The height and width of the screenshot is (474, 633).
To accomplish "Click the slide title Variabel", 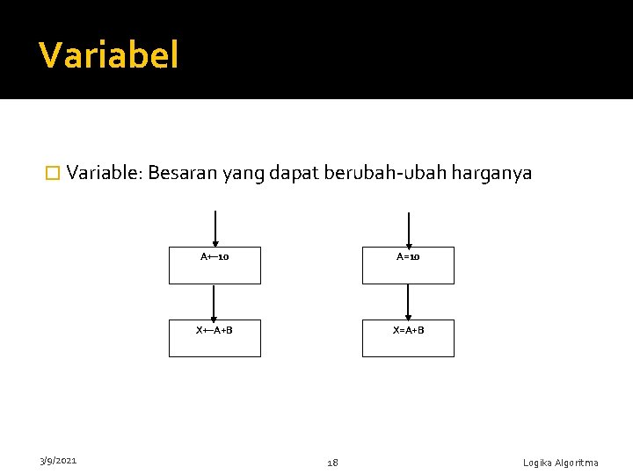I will coord(109,55).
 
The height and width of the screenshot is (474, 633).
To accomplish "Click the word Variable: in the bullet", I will coord(104,173).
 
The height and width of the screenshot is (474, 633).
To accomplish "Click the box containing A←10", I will coord(215,265).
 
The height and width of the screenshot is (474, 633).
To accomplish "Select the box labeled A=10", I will coord(408,265).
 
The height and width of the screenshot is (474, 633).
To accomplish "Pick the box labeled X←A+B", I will coord(215,338).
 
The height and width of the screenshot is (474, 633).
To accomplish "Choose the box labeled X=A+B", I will coord(408,338).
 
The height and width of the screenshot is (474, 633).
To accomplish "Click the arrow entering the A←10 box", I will coord(215,230).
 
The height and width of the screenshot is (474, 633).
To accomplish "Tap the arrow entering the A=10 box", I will coord(408,230).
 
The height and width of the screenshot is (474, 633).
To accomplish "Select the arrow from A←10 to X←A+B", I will coord(214,303).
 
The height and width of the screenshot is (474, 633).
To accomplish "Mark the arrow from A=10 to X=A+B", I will coord(408,303).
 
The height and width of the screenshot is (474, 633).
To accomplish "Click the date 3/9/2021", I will coord(58,460).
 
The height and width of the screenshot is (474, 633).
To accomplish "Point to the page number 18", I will coord(332,462).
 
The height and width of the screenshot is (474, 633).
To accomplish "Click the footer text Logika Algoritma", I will coord(560,463).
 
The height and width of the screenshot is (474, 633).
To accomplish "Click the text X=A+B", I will coord(408,330).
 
